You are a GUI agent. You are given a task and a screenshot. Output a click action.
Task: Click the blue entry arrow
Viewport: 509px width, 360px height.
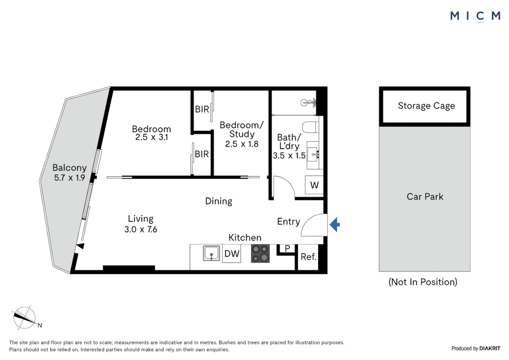pos(335,225)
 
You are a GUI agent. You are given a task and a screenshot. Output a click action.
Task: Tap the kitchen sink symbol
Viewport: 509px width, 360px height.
pos(212,253)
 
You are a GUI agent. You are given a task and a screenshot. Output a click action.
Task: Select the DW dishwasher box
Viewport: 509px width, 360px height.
pos(232,254)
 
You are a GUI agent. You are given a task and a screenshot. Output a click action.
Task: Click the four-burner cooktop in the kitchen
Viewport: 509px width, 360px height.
pos(260,254)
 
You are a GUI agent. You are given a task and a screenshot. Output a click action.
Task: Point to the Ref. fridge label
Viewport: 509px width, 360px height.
pos(308,257)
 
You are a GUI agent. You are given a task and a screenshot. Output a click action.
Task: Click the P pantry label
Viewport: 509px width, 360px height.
pos(287,248)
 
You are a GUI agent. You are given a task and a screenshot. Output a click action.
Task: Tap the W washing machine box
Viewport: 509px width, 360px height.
pos(314,185)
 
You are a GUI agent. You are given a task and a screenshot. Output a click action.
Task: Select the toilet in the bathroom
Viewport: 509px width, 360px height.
pos(310,127)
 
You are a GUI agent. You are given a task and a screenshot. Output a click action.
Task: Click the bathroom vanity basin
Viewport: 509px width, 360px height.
pos(313,155)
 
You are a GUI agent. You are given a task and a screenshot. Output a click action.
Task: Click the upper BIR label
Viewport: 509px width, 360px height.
pos(202,109)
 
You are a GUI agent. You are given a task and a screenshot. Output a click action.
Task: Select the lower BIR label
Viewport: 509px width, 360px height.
pos(202,154)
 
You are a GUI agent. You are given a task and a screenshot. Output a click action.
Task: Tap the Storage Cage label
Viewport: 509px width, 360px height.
pos(426,106)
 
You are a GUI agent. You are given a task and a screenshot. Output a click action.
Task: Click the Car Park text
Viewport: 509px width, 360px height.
pos(425,197)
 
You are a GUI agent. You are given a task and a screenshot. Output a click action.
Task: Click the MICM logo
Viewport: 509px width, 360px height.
pos(475,16)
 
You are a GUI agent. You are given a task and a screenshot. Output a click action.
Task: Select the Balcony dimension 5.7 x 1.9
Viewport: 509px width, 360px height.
pos(70,178)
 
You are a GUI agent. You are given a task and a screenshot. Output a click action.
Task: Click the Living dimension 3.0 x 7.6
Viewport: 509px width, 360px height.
pos(141,229)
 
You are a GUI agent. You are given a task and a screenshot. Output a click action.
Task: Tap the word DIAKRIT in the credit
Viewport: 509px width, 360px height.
pos(490,348)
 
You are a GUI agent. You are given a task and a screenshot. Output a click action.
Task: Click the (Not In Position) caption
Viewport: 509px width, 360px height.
pos(423,282)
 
